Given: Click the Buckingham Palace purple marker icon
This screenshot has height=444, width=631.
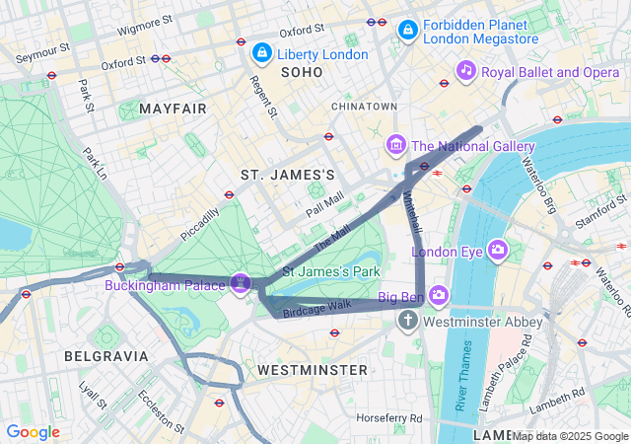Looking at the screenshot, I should (239, 284).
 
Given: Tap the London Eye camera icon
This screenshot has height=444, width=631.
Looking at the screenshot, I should (497, 251).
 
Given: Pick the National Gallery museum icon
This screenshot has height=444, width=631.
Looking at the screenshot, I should (396, 146).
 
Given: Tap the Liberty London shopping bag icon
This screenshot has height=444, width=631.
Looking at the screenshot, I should (262, 51).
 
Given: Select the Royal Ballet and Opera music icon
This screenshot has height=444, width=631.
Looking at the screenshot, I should (466, 70).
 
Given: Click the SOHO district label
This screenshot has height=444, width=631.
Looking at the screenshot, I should (302, 73).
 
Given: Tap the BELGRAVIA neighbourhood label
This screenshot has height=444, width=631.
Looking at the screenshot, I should (106, 355).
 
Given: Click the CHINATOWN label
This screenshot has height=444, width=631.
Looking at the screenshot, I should (364, 106).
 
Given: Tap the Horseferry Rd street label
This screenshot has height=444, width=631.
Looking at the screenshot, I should (388, 418).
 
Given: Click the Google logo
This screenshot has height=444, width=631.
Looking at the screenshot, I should (33, 432).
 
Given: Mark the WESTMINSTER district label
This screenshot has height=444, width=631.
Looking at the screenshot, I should (312, 369).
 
